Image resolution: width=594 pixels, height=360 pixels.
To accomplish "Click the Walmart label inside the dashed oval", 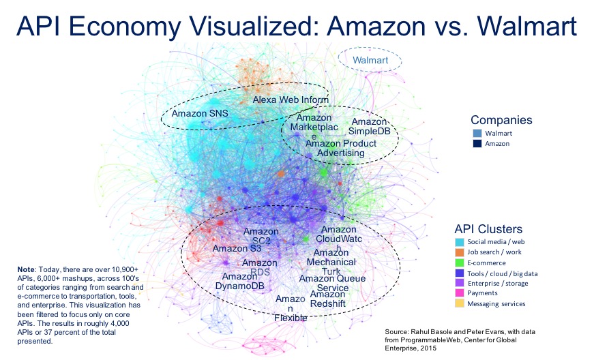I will (x=370, y=61).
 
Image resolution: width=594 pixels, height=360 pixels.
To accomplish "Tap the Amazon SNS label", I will (x=200, y=113).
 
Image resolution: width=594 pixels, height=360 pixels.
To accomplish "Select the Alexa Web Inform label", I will (x=291, y=100).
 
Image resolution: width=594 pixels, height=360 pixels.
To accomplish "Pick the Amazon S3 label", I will (x=235, y=248).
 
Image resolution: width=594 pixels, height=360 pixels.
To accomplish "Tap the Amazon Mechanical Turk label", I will (x=331, y=262).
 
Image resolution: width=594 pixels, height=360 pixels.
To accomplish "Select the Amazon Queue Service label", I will (x=332, y=283).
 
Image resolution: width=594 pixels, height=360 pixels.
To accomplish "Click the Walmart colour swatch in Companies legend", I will (x=477, y=133).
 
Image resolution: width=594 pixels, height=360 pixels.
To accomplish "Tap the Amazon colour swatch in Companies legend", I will (x=477, y=144).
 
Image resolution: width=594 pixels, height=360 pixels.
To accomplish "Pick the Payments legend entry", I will (x=482, y=293).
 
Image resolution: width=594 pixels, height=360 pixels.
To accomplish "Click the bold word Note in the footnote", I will (x=28, y=270).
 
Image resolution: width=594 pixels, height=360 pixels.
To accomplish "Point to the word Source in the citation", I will (x=400, y=333).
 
